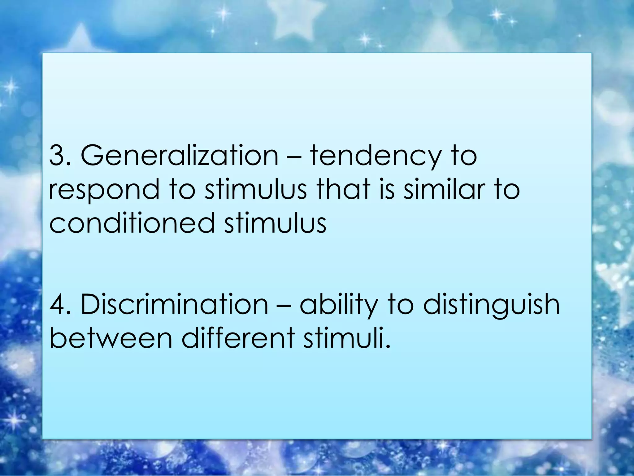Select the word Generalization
(180, 156)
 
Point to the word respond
(104, 190)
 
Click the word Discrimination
(174, 304)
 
